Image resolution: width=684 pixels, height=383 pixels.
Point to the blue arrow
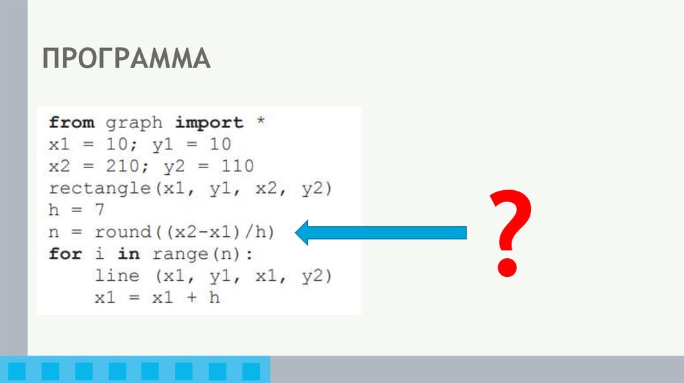click(x=381, y=232)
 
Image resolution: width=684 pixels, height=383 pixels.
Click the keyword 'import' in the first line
click(x=209, y=123)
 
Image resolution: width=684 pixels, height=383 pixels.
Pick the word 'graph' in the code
click(x=134, y=123)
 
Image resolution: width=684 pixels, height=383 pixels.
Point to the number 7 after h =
click(x=100, y=210)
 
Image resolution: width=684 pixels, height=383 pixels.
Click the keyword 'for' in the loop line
click(x=65, y=254)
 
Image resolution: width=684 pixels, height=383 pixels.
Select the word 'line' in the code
click(x=117, y=276)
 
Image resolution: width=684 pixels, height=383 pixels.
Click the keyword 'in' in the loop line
click(x=128, y=254)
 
